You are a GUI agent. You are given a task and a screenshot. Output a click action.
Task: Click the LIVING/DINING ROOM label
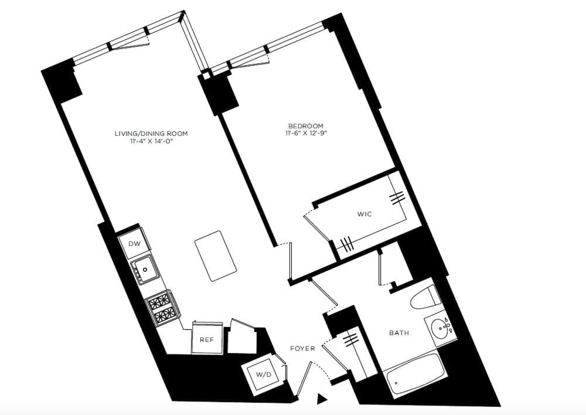coord(151,134)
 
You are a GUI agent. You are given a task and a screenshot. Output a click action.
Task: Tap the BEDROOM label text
coord(305,126)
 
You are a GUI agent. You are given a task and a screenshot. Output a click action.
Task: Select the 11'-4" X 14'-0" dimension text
coord(151,142)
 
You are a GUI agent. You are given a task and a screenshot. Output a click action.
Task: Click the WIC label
coord(364,214)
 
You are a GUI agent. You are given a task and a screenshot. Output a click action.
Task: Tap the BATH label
coord(399,333)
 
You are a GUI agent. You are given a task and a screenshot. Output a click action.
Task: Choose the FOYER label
coord(302,348)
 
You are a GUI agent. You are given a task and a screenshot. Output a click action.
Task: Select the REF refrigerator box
coord(206,339)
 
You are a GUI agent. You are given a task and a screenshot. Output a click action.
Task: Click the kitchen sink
coord(144,271)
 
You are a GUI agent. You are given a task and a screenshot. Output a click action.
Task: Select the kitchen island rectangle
coord(216,256)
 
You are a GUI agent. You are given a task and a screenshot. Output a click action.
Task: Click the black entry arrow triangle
coord(321,399)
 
